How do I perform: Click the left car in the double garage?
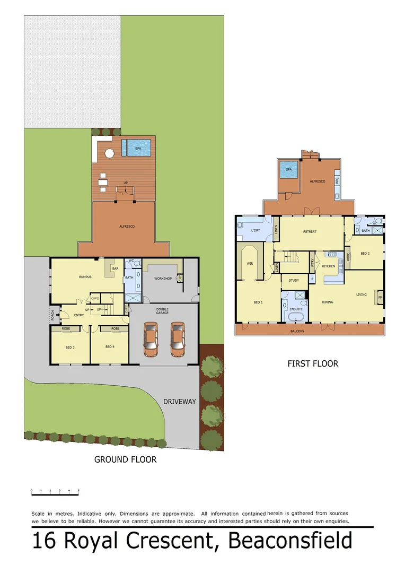coord(151,340)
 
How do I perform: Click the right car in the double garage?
coord(177,340)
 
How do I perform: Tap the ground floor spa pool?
coord(137,148)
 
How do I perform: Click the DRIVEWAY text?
coord(179,402)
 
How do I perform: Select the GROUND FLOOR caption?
coord(125,459)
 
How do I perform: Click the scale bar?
coord(55,494)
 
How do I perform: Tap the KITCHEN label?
coord(329,266)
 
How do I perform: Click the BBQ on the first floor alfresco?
coord(337,181)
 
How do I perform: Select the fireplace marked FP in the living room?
coord(380,298)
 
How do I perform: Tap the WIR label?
coord(250,263)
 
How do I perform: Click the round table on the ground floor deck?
coord(109,153)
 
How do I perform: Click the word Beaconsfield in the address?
coord(290,541)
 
